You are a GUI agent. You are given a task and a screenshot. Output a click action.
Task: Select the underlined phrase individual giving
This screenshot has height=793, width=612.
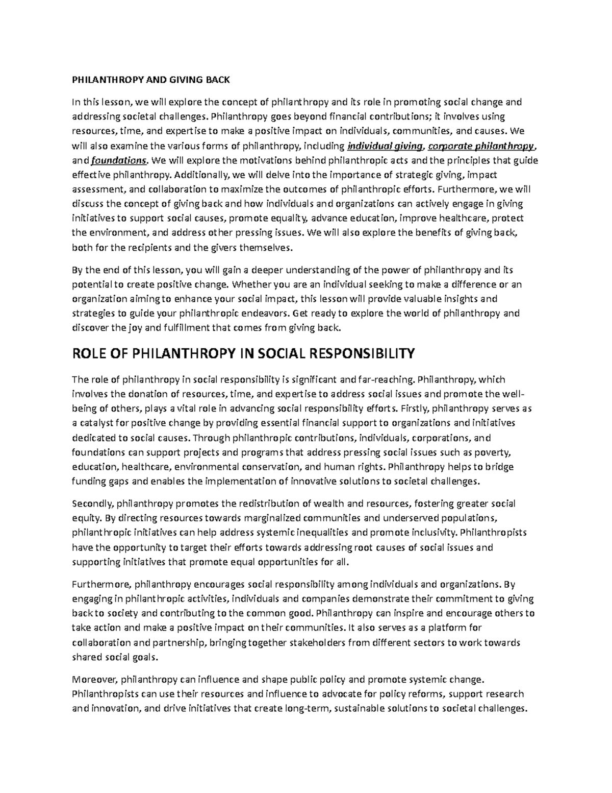385,147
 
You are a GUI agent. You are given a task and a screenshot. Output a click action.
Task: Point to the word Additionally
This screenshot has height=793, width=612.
202,175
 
